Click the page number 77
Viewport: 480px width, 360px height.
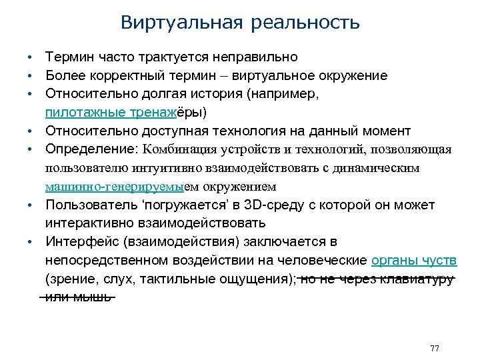point(435,349)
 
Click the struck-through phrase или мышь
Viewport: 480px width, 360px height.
point(78,296)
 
